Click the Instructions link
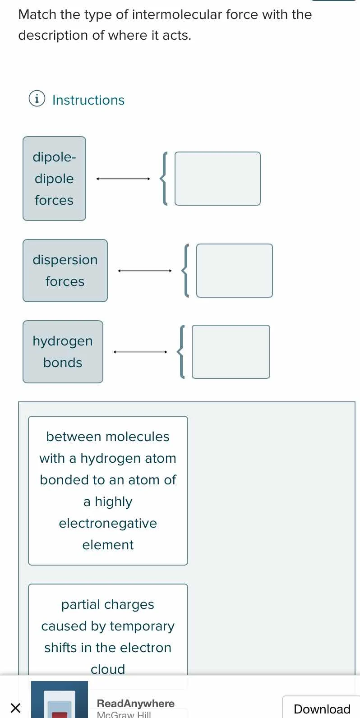(88, 100)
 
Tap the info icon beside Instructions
(37, 98)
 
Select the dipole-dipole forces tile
(54, 179)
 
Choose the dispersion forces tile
(65, 271)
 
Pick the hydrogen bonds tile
(63, 352)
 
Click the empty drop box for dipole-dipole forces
(217, 179)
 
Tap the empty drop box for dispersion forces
(234, 271)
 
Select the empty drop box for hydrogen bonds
(231, 352)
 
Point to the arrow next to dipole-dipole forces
(123, 179)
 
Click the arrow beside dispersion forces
(145, 271)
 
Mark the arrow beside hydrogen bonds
(140, 352)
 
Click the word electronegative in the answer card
(108, 523)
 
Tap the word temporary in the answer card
(142, 626)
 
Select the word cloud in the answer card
(108, 669)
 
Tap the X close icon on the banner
(15, 708)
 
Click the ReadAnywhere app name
(135, 704)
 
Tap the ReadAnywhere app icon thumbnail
(60, 700)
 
